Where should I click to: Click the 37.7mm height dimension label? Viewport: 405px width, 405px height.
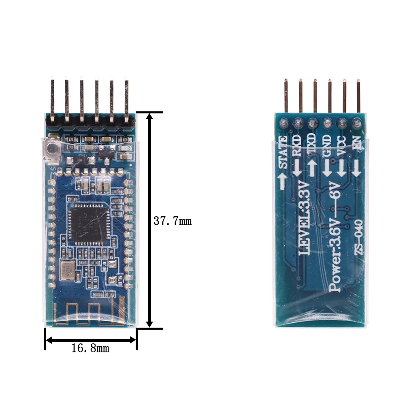(x=172, y=222)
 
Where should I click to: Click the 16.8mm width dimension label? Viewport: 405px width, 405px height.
(x=90, y=348)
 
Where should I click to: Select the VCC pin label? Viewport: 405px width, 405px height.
(x=341, y=145)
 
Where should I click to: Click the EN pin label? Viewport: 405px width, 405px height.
(x=356, y=144)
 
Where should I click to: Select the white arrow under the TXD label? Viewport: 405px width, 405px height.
(x=311, y=166)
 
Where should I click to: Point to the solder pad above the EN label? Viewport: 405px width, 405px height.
(x=357, y=121)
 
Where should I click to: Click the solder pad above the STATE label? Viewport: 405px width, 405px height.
(x=284, y=122)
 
